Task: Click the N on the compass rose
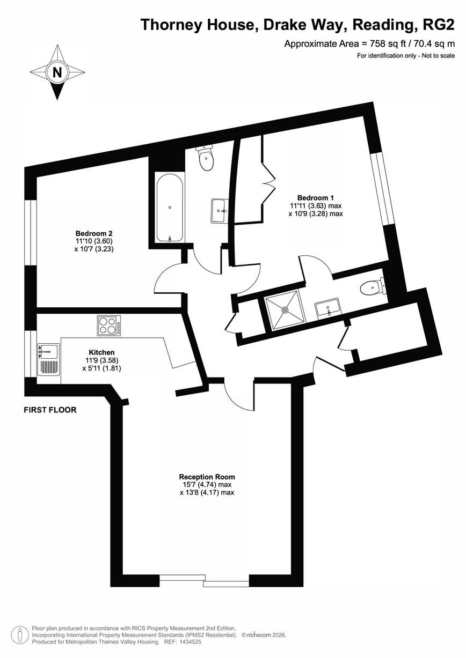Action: click(x=57, y=72)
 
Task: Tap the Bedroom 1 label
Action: click(x=316, y=198)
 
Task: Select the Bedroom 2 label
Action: click(x=94, y=234)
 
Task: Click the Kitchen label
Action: click(x=101, y=352)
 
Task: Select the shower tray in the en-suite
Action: click(x=285, y=309)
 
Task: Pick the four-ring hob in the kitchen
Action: click(x=109, y=326)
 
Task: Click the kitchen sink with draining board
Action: click(x=49, y=359)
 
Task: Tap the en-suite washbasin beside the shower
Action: click(x=327, y=308)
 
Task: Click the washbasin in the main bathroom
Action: click(x=220, y=211)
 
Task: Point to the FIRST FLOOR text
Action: click(x=50, y=410)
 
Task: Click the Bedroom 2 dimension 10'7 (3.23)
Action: click(x=94, y=249)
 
